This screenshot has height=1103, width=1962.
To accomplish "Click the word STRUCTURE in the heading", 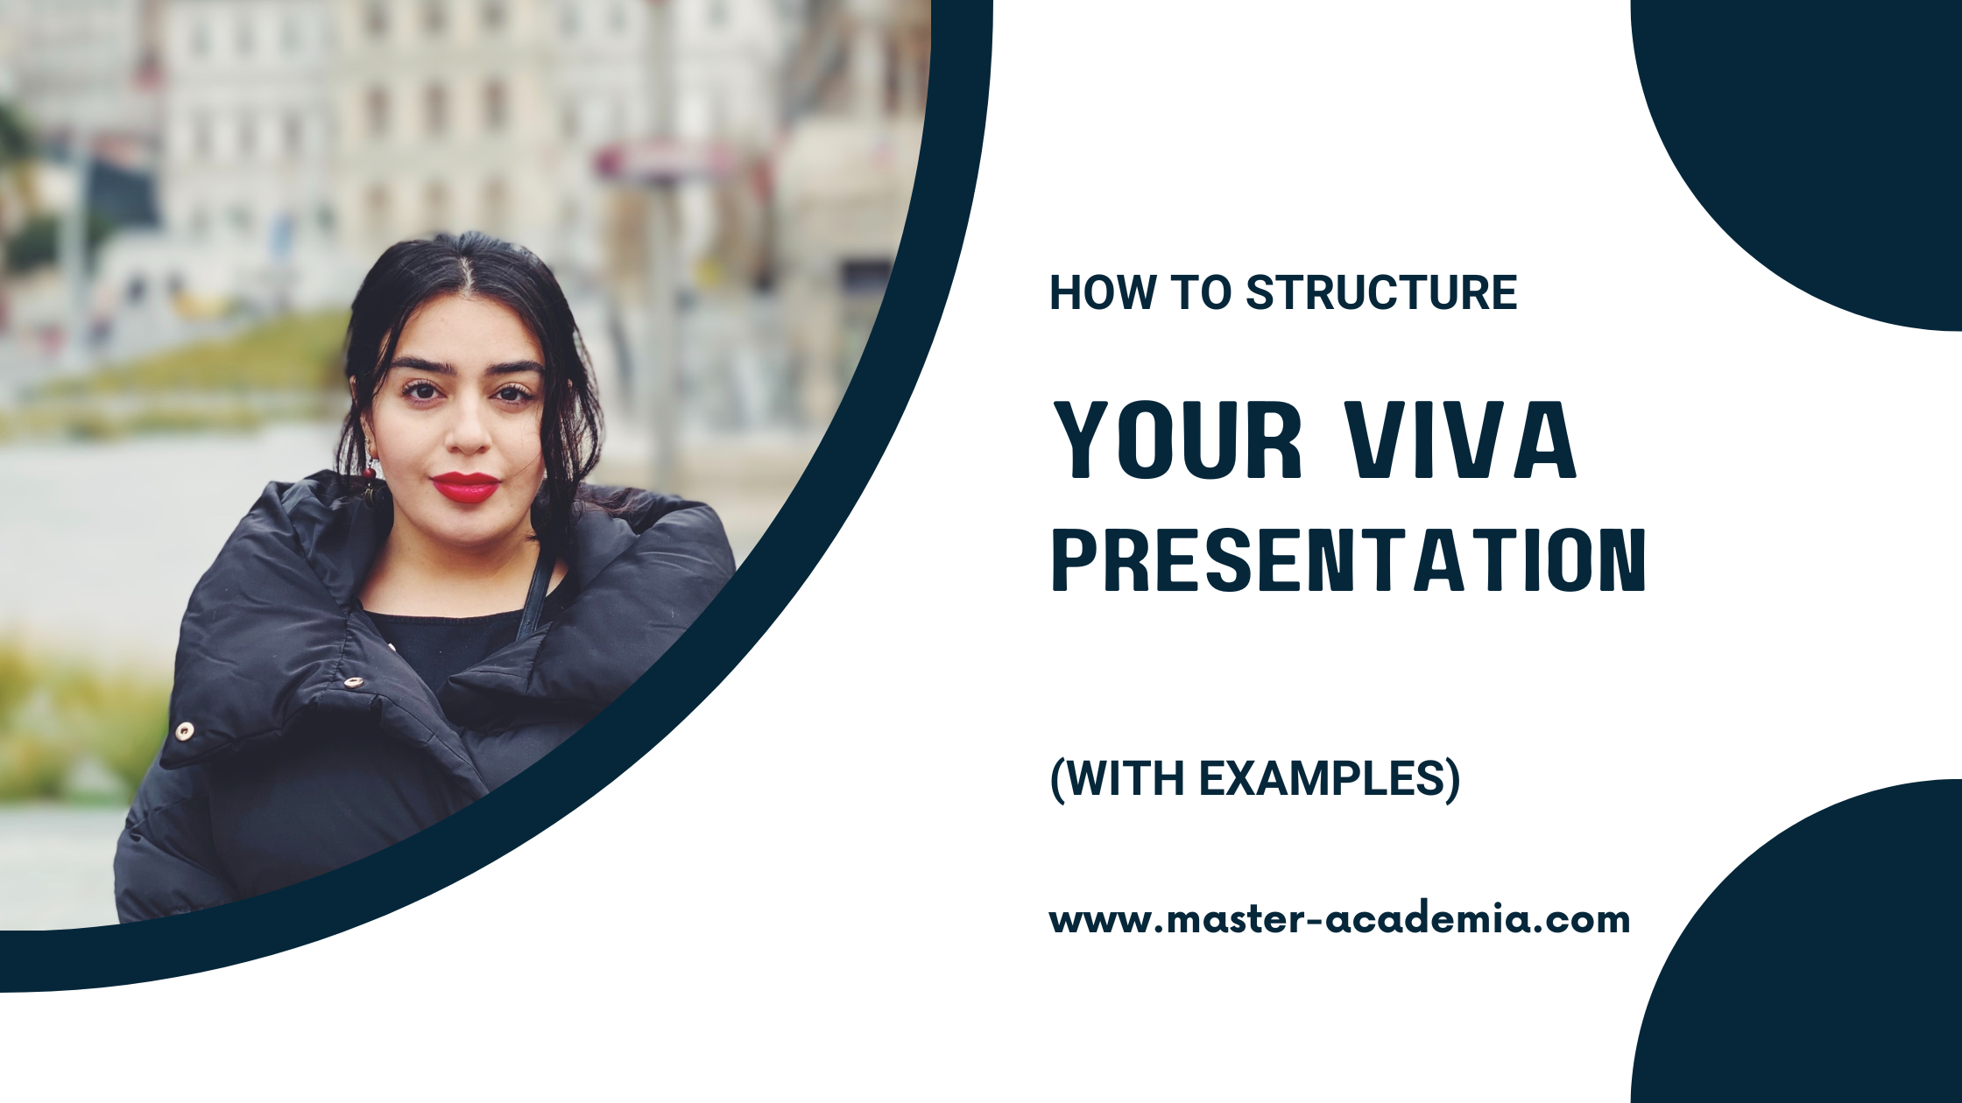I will click(x=1381, y=292).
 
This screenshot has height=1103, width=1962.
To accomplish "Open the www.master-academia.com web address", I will click(x=1339, y=920).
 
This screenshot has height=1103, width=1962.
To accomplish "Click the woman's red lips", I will click(x=465, y=488).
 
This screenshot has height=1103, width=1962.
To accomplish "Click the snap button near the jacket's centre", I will click(x=353, y=682).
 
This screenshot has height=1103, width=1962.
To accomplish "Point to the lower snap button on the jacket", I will click(x=184, y=730).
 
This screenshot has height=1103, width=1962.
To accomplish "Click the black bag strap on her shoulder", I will click(x=535, y=595).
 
